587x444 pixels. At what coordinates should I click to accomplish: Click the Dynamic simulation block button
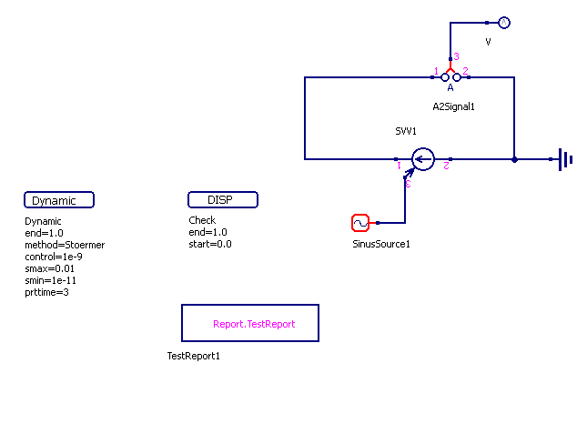[x=59, y=200]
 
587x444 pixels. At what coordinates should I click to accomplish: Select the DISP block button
[x=223, y=200]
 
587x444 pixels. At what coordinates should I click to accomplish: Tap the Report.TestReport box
[x=250, y=323]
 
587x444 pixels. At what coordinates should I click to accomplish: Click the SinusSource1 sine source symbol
[x=359, y=223]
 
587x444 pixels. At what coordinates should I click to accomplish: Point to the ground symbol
[x=565, y=160]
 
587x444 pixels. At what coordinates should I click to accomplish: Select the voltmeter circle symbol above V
[x=506, y=22]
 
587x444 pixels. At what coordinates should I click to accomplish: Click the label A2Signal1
[x=454, y=107]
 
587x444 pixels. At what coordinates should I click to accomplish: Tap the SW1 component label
[x=406, y=132]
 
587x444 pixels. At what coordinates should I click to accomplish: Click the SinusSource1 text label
[x=381, y=244]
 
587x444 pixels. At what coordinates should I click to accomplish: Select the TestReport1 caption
[x=194, y=356]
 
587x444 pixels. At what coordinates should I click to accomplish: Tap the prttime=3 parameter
[x=47, y=292]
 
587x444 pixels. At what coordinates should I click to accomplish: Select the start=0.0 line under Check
[x=210, y=245]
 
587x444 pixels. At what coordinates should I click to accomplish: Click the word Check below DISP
[x=202, y=221]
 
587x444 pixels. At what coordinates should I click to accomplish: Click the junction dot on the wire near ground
[x=514, y=159]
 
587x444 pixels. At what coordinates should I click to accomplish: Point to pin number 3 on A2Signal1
[x=457, y=56]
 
